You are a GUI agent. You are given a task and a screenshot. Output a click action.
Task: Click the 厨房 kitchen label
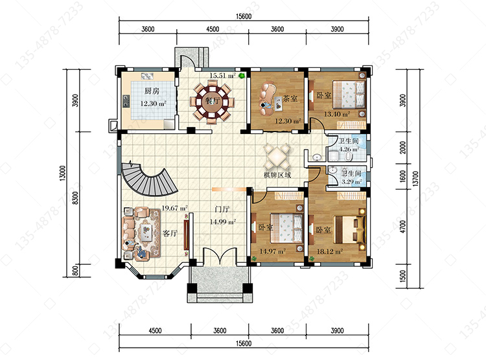(x=152, y=91)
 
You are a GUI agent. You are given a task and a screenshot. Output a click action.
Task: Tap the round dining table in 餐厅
(x=213, y=102)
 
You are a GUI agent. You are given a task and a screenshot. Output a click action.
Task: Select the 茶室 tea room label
(x=290, y=98)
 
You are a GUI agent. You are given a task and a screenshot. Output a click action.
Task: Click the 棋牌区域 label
(x=277, y=175)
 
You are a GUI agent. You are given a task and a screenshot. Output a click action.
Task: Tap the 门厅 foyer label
(x=222, y=209)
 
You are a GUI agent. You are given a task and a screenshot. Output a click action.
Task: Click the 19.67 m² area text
(x=174, y=208)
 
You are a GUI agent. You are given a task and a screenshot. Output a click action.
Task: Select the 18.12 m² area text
(x=329, y=251)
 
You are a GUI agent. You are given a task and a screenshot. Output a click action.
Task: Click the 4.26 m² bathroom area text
(x=349, y=150)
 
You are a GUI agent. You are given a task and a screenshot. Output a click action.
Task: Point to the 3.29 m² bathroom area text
(x=351, y=182)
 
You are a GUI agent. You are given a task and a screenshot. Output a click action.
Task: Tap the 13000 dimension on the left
(x=63, y=173)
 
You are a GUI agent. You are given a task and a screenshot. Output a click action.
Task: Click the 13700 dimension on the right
(x=415, y=179)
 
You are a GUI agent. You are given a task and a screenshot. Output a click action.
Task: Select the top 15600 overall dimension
(x=244, y=16)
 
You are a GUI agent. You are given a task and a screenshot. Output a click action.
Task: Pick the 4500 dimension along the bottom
(x=155, y=331)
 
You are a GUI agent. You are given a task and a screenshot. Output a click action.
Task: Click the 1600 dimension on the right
(x=402, y=176)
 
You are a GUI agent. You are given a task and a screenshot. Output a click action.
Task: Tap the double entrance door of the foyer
(x=220, y=256)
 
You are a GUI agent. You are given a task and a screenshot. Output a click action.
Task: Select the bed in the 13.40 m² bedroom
(x=349, y=96)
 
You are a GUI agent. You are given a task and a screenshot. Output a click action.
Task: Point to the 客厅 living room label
(x=170, y=233)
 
